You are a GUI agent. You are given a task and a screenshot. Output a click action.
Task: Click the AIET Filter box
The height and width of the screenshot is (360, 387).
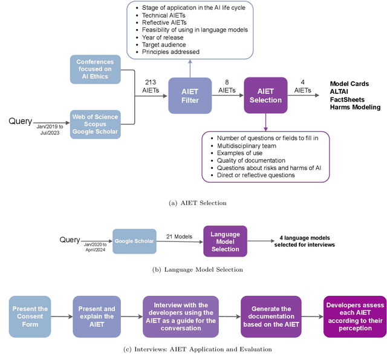pyautogui.click(x=190, y=95)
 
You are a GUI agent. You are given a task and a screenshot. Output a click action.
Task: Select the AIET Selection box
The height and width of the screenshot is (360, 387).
pyautogui.click(x=265, y=95)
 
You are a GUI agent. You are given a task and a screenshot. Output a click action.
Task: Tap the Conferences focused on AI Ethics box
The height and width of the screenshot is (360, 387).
pyautogui.click(x=94, y=70)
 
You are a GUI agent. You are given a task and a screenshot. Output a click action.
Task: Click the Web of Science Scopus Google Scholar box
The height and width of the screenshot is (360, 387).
pyautogui.click(x=94, y=124)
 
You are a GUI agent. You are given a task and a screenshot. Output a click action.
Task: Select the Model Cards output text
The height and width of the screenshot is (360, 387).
pyautogui.click(x=350, y=83)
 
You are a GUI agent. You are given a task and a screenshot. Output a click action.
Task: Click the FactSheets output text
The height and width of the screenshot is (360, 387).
pyautogui.click(x=348, y=99)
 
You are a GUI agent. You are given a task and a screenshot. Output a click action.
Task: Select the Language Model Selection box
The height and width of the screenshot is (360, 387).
pyautogui.click(x=225, y=240)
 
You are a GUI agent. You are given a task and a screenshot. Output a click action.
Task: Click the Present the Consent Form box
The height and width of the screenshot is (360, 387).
pyautogui.click(x=29, y=316)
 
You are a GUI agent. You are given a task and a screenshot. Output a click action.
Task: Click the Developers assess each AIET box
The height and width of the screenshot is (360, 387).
pyautogui.click(x=354, y=316)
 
